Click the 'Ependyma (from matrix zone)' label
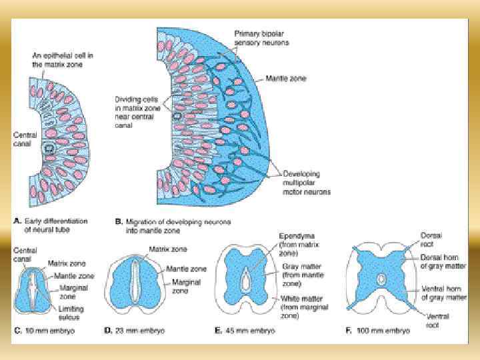293,244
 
